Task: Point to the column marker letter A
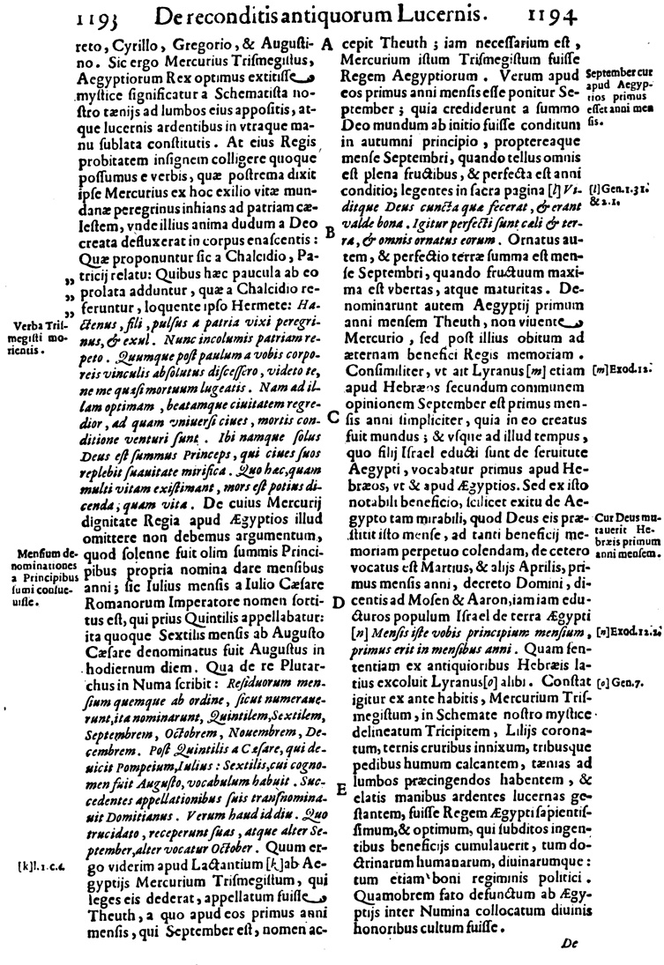coord(327,42)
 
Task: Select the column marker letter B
coord(328,233)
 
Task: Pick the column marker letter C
coord(328,417)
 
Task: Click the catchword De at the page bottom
coord(567,943)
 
